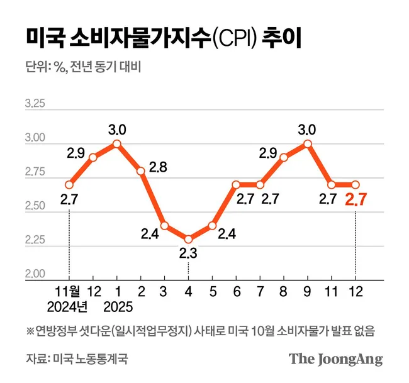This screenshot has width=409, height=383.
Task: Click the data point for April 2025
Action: click(x=188, y=239)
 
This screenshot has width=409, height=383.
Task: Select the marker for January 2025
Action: click(x=117, y=143)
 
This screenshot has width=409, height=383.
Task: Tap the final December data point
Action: click(x=356, y=184)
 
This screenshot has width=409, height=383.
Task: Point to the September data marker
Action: click(x=308, y=143)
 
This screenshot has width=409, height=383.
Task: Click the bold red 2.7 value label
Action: click(x=356, y=201)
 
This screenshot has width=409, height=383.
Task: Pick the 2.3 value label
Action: click(x=188, y=254)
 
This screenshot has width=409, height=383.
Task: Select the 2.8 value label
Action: click(x=158, y=168)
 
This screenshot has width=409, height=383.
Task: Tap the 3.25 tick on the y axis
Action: click(x=35, y=104)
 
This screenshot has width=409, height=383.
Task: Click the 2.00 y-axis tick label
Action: click(x=35, y=275)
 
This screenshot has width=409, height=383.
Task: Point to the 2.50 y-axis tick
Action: click(x=35, y=207)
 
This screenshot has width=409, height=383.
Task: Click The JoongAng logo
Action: click(x=335, y=359)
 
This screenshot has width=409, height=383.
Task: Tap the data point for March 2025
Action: click(x=164, y=225)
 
